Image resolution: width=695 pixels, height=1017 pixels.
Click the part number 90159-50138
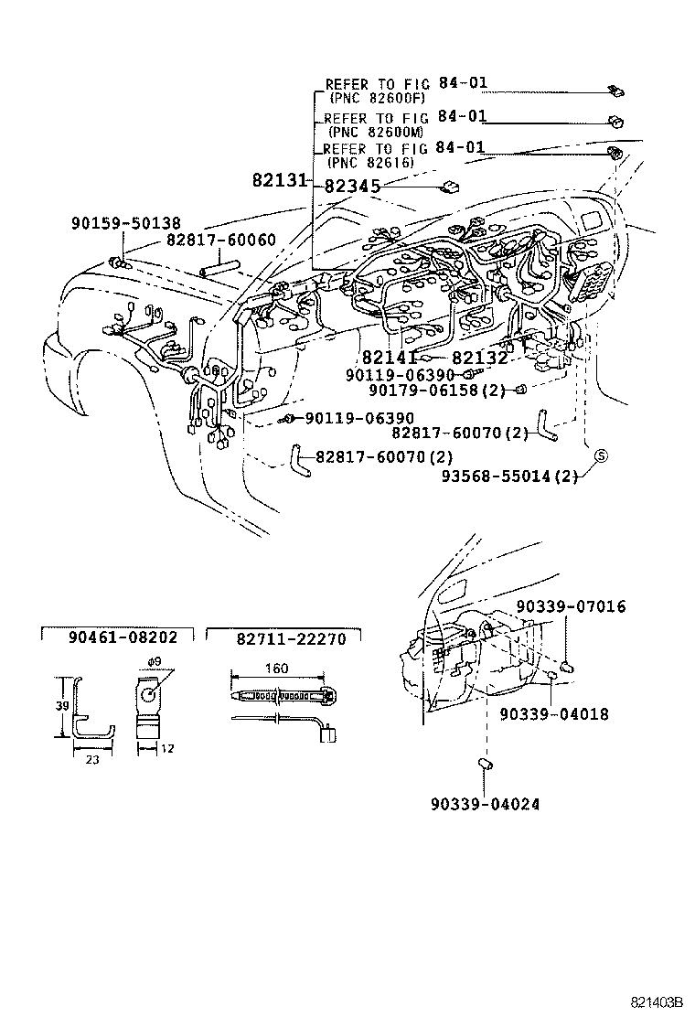point(125,222)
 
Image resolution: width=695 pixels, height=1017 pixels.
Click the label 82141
point(390,358)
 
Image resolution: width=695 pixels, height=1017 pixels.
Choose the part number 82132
point(479,358)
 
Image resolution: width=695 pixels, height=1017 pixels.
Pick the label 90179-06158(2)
point(450,391)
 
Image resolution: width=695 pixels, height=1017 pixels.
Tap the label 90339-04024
point(484,805)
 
